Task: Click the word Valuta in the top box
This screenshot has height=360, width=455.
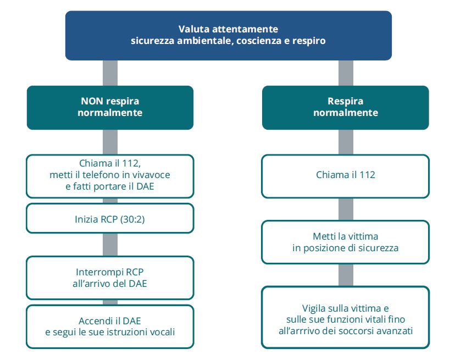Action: click(194, 29)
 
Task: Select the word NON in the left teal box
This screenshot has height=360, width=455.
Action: click(92, 101)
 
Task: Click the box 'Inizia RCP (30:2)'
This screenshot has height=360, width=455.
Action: click(110, 218)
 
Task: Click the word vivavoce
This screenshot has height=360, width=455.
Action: click(151, 175)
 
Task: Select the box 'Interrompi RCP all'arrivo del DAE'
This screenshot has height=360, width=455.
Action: click(110, 278)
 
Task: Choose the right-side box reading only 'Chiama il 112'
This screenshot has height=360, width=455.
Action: click(345, 176)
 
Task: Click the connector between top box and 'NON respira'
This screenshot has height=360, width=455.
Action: click(110, 73)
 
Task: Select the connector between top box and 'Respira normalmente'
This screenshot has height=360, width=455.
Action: click(346, 73)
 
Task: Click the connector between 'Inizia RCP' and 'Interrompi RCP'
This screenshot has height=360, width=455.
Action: click(110, 245)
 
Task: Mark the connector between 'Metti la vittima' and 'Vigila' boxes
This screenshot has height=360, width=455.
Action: click(346, 275)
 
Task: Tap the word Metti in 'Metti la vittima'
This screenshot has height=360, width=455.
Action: click(322, 236)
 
